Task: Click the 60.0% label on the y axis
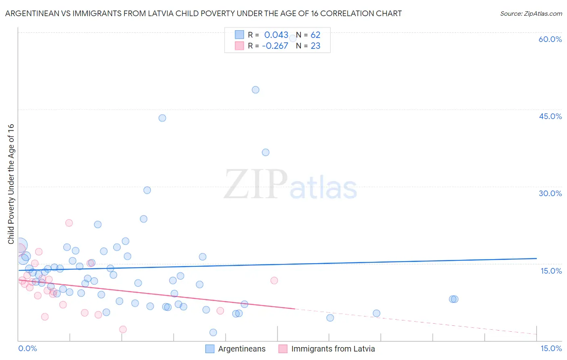(x=550, y=39)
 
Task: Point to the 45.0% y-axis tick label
(x=550, y=116)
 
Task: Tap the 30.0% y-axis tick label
(x=550, y=193)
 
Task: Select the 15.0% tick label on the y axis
(x=551, y=271)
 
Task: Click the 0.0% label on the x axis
(x=27, y=348)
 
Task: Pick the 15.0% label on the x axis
(x=551, y=348)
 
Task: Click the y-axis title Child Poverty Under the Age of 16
(x=11, y=184)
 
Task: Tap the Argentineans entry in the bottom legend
(x=242, y=349)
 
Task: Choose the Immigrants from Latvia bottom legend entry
(x=333, y=349)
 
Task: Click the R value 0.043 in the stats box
(x=276, y=35)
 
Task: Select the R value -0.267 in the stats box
(x=275, y=46)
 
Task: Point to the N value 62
(x=315, y=35)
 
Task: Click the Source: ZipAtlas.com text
(x=531, y=14)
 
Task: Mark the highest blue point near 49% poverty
(x=255, y=90)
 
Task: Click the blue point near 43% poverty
(x=162, y=118)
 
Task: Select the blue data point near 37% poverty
(x=265, y=153)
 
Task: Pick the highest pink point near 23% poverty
(x=69, y=223)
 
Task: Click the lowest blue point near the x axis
(x=213, y=333)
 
